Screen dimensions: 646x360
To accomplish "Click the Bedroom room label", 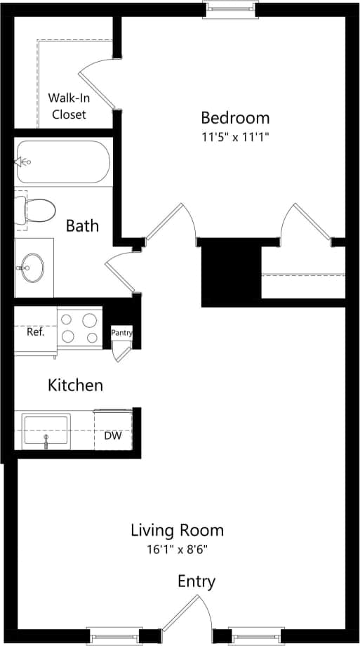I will pyautogui.click(x=235, y=117).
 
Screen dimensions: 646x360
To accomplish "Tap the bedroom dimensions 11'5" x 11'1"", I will pyautogui.click(x=235, y=137).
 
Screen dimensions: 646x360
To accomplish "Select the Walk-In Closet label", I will pyautogui.click(x=67, y=106).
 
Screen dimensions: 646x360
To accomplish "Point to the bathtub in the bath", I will pyautogui.click(x=62, y=161).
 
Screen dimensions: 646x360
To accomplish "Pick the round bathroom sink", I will pyautogui.click(x=32, y=267).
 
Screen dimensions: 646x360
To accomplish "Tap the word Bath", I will pyautogui.click(x=82, y=226).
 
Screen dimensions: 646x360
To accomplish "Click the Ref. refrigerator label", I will pyautogui.click(x=36, y=332).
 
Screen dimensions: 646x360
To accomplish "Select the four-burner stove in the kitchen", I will pyautogui.click(x=79, y=328).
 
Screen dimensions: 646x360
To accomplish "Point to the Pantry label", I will pyautogui.click(x=121, y=333).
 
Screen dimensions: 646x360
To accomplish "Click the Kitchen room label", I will pyautogui.click(x=75, y=385).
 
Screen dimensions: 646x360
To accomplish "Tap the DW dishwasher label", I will pyautogui.click(x=113, y=436).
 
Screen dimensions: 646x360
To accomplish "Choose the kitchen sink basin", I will pyautogui.click(x=46, y=430).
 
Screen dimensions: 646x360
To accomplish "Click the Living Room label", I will pyautogui.click(x=178, y=530).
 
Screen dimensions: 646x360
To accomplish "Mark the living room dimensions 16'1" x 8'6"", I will pyautogui.click(x=178, y=548).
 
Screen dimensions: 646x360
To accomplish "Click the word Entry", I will pyautogui.click(x=196, y=581).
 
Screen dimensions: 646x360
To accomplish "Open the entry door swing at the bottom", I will pyautogui.click(x=187, y=614).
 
